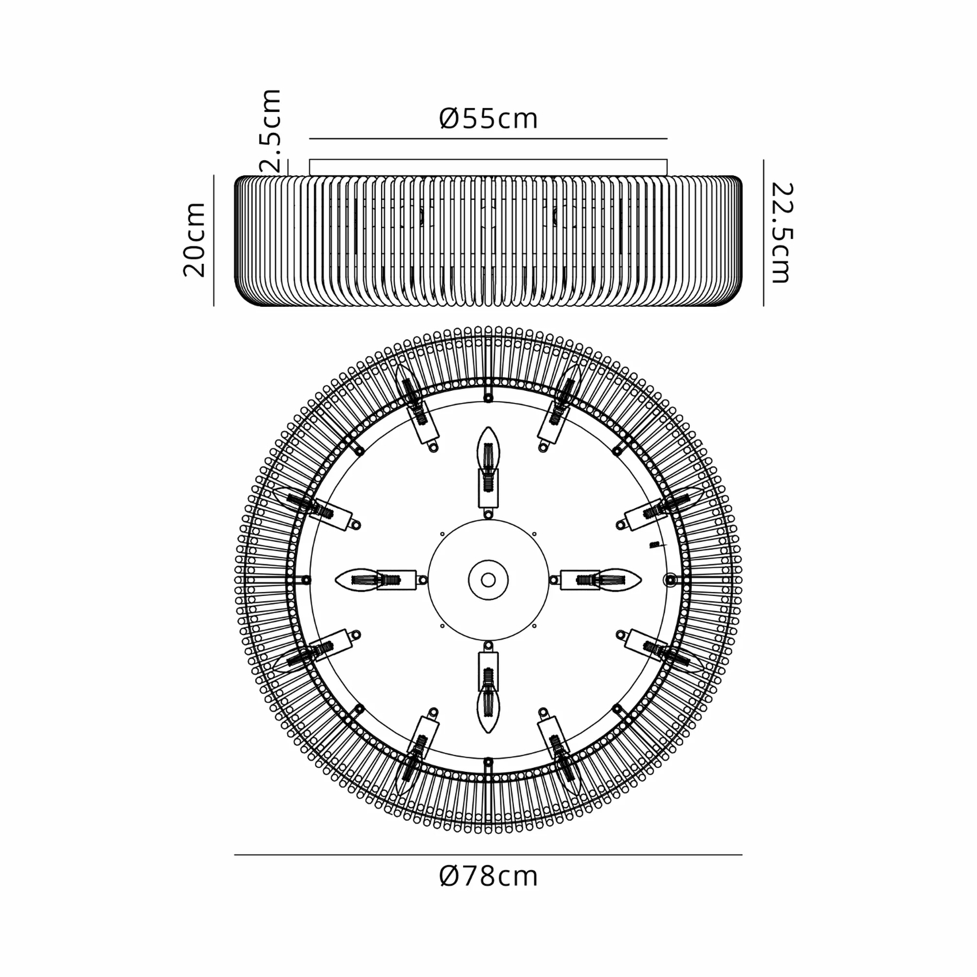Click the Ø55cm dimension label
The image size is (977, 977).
click(x=488, y=118)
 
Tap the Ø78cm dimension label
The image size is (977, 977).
click(x=488, y=876)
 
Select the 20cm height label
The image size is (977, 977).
click(x=194, y=240)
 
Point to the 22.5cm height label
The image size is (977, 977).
click(x=782, y=233)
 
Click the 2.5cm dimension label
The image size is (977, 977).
click(x=271, y=130)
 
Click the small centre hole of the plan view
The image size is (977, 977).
click(x=488, y=580)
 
